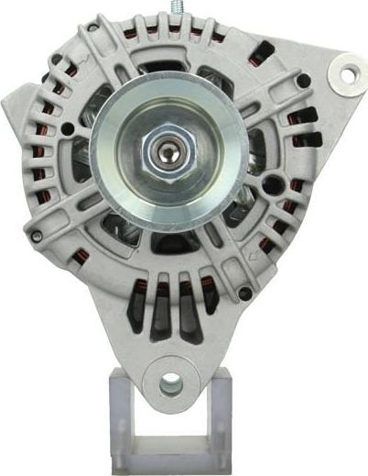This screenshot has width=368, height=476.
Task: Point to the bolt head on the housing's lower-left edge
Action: click(37, 236)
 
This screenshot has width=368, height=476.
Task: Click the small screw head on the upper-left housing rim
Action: click(57, 61)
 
